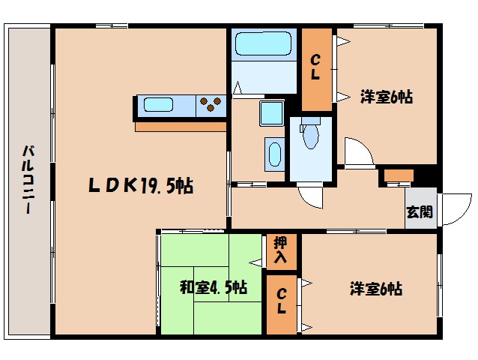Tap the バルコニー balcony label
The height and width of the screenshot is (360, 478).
tap(28, 180)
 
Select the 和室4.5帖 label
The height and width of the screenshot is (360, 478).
tap(214, 287)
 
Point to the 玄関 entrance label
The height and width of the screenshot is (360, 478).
tap(419, 211)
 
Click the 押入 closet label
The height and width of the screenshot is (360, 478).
tap(281, 250)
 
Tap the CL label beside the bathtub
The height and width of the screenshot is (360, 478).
tap(316, 67)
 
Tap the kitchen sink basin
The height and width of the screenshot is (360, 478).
tap(159, 105)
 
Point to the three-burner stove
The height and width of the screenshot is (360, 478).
tap(212, 105)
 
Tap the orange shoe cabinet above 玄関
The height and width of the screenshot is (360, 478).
tap(398, 175)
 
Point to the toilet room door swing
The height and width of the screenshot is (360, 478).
tap(311, 196)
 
